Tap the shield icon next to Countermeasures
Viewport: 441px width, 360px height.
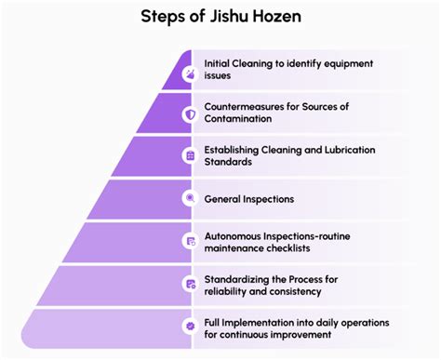pyautogui.click(x=189, y=113)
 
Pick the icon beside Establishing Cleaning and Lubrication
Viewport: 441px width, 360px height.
pyautogui.click(x=189, y=154)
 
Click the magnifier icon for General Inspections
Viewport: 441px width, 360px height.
pyautogui.click(x=189, y=197)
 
